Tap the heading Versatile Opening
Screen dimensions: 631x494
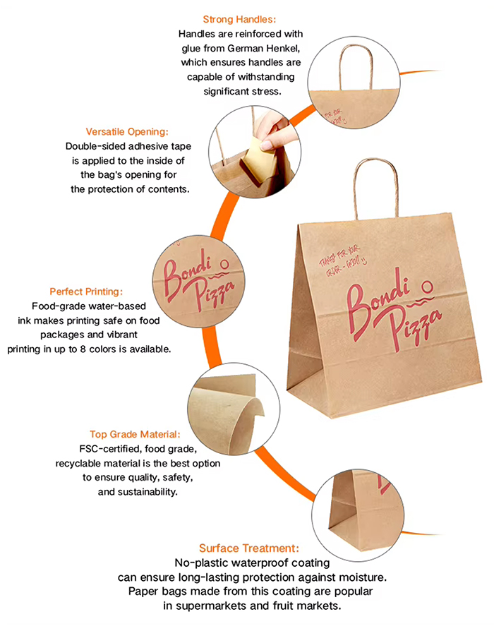[127, 132]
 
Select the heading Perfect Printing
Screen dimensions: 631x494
[86, 292]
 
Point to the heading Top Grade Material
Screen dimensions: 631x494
[135, 435]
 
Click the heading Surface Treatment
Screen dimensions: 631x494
[249, 548]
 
